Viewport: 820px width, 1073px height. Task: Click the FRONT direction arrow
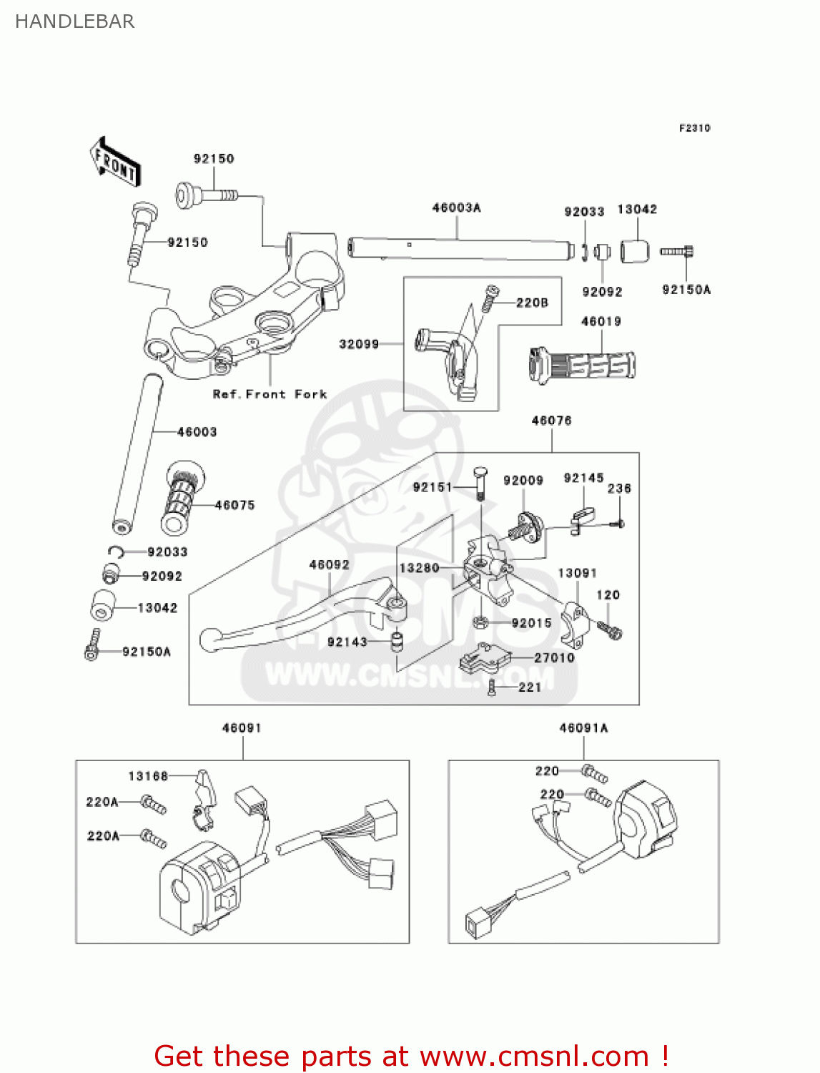click(114, 162)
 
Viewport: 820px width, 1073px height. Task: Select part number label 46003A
click(456, 208)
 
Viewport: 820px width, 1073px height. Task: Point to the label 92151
click(433, 487)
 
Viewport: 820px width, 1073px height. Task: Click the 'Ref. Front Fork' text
click(270, 394)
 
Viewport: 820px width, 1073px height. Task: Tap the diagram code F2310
click(694, 128)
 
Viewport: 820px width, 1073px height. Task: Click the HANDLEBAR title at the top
click(74, 21)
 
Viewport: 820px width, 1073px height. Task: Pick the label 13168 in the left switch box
click(148, 776)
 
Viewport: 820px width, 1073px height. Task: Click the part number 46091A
click(583, 728)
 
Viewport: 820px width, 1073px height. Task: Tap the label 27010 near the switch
click(554, 657)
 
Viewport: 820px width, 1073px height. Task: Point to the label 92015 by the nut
click(531, 623)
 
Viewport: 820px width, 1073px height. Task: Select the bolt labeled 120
click(609, 630)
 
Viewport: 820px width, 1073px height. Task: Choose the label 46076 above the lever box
click(551, 421)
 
